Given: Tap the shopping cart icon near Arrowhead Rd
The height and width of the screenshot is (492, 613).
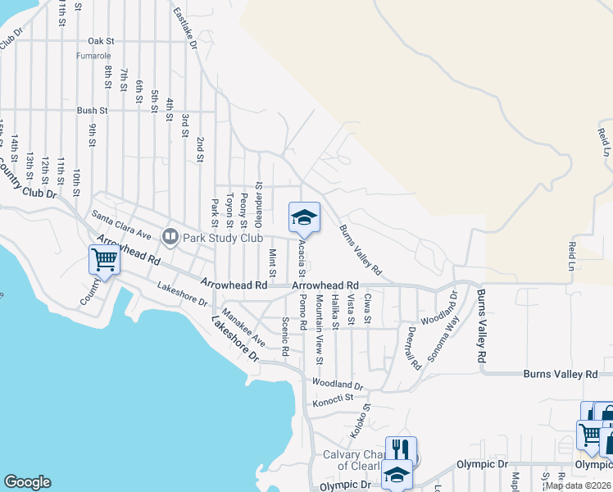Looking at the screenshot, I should tap(104, 260).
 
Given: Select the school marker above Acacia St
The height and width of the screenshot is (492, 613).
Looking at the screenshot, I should tap(303, 217).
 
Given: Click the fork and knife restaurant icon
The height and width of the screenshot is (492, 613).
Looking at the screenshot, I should tap(401, 450).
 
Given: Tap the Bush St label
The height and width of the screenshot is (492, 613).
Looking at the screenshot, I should tap(92, 111).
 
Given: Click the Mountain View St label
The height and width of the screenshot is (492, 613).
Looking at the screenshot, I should tap(320, 330).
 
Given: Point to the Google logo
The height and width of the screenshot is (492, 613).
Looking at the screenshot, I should tap(27, 482).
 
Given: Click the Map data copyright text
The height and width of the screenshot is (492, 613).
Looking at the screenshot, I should tap(578, 485).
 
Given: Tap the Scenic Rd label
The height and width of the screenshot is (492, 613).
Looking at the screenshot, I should tap(285, 336).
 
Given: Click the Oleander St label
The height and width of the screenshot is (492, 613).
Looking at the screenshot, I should tap(255, 203).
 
